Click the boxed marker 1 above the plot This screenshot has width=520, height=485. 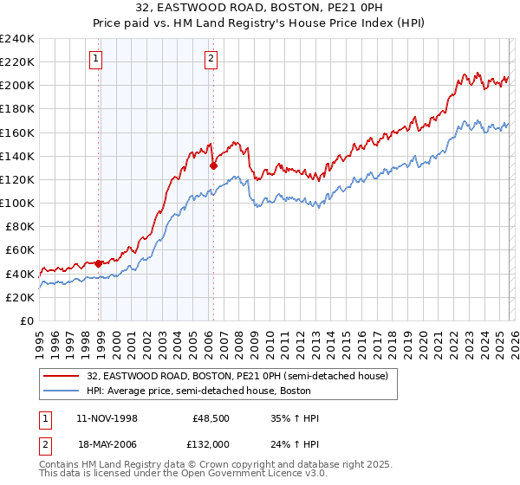click(95, 59)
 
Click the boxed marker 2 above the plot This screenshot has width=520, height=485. click(211, 59)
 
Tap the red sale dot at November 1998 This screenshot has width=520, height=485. click(99, 263)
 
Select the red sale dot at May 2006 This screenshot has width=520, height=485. click(213, 165)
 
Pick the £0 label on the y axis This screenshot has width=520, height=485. click(27, 320)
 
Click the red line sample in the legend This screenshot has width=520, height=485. click(62, 375)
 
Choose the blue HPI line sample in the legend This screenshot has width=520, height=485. click(62, 391)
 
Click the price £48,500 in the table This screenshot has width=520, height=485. click(211, 418)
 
